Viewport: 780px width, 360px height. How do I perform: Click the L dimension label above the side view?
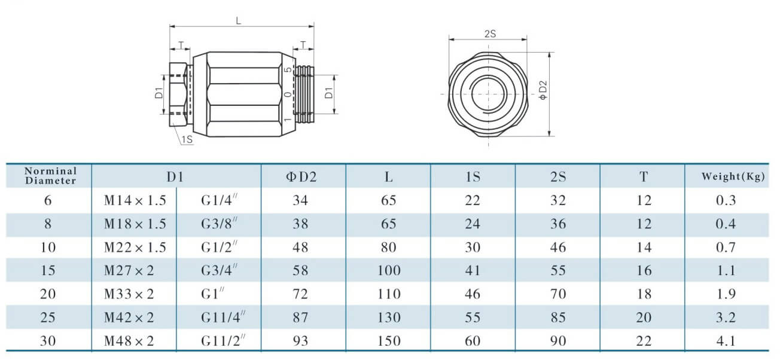click(x=239, y=20)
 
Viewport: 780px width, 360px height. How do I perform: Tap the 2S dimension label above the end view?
click(x=489, y=34)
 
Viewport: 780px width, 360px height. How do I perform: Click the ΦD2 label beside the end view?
click(x=543, y=93)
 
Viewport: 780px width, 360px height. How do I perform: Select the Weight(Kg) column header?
click(x=733, y=176)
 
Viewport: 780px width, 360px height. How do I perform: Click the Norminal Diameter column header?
click(x=50, y=176)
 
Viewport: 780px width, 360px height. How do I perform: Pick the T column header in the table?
click(x=643, y=177)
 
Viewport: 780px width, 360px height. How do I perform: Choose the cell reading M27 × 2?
click(x=129, y=270)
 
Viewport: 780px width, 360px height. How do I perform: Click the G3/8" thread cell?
click(x=220, y=224)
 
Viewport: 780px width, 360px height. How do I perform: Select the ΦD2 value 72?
click(x=300, y=294)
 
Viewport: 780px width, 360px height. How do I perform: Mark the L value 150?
click(x=389, y=341)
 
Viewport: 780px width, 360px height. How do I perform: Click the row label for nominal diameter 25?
click(x=48, y=317)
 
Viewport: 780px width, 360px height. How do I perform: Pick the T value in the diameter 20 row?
click(x=643, y=294)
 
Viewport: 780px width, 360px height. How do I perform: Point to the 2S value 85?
click(x=557, y=317)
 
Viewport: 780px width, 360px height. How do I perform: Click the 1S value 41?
click(x=473, y=270)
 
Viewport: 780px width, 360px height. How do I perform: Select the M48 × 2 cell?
click(x=129, y=341)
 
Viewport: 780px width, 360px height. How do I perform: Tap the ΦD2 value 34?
click(x=300, y=200)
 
